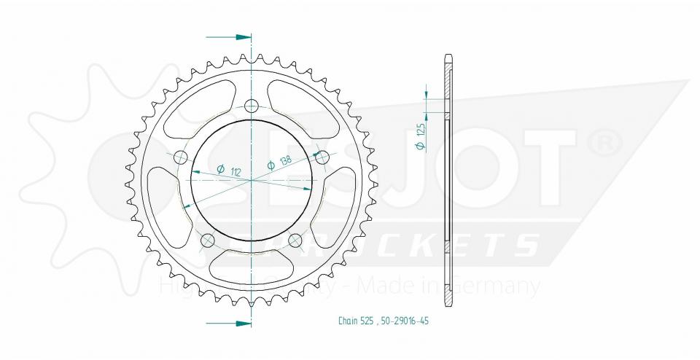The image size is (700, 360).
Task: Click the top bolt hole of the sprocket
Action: coord(252,106)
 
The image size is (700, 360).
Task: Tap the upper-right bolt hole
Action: coord(320,156)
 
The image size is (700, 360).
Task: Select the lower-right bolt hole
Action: coord(295,240)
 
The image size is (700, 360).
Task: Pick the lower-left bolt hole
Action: coord(207,240)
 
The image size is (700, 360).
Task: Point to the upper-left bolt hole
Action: coord(181,157)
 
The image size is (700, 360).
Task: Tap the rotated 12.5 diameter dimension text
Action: coord(421,136)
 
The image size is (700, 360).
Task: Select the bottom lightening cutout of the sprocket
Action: coord(252,270)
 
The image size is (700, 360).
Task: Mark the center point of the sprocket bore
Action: coord(252,179)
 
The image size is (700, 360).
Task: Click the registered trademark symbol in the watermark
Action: coord(604,144)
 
